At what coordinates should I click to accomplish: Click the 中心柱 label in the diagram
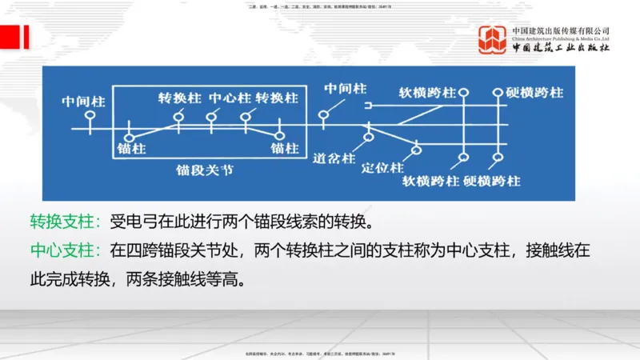(x=229, y=98)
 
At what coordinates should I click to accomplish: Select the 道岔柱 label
(x=334, y=158)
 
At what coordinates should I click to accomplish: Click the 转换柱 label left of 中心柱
(x=179, y=98)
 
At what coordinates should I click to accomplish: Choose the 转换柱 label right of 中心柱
(x=277, y=98)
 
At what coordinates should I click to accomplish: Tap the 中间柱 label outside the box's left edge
(x=84, y=102)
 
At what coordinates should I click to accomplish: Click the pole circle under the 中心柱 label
(x=211, y=117)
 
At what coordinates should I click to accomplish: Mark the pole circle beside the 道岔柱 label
(x=368, y=138)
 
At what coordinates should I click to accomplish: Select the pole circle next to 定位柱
(x=416, y=150)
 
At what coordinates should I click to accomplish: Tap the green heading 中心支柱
(x=64, y=250)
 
